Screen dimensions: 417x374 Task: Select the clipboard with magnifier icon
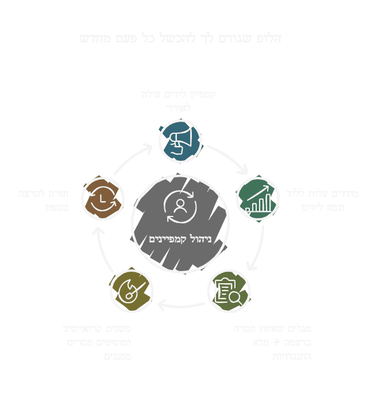[228, 291]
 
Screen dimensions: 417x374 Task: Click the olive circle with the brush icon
[132, 291]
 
